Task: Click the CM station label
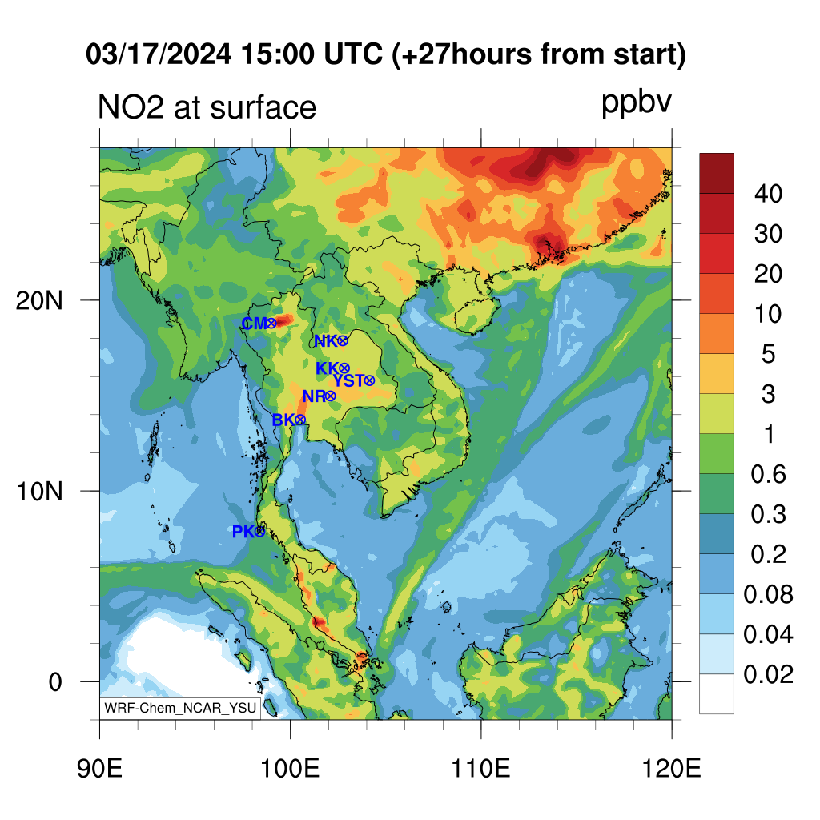tap(254, 324)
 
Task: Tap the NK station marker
tap(343, 341)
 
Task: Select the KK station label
tap(327, 368)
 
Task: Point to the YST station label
tap(348, 380)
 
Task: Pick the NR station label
tap(314, 396)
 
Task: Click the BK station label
tap(283, 420)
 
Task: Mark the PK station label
tap(243, 532)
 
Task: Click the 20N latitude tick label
tap(39, 301)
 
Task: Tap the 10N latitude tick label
tap(39, 492)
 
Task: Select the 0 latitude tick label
tap(55, 682)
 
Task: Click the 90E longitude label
tap(99, 769)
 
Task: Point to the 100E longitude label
tap(290, 769)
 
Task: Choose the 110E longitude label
tap(480, 769)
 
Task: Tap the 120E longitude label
tap(672, 769)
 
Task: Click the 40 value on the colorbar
tap(768, 194)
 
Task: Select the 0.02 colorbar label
tap(768, 674)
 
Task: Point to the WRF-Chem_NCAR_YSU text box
tap(180, 708)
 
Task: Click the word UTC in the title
tap(353, 54)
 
